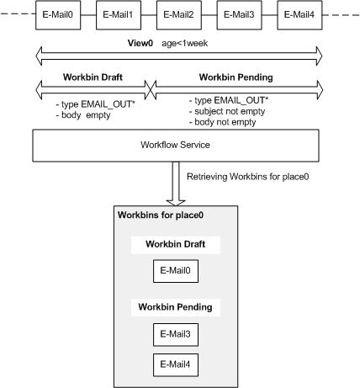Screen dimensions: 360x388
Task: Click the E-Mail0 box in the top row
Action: click(58, 15)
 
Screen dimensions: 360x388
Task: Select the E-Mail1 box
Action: click(119, 15)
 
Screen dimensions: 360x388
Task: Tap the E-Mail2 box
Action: click(179, 15)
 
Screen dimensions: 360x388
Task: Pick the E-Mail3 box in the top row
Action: click(240, 15)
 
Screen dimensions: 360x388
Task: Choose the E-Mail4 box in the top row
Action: click(299, 15)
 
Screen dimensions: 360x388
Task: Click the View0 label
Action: click(140, 43)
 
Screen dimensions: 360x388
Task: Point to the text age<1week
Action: click(185, 43)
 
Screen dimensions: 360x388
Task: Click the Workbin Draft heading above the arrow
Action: click(93, 77)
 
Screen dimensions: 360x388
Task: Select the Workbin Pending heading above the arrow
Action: click(236, 77)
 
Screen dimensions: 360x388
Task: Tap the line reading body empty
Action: click(83, 115)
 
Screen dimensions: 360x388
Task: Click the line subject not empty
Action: click(227, 111)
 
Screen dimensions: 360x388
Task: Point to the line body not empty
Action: click(223, 122)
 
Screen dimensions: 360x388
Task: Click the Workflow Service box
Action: click(176, 146)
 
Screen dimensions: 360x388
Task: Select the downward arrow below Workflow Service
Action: click(176, 183)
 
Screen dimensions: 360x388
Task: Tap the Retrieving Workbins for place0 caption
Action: click(248, 177)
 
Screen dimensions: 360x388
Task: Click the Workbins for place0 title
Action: click(161, 215)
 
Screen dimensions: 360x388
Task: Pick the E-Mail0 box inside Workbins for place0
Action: click(176, 271)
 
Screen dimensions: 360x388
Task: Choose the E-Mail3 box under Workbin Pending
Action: click(176, 335)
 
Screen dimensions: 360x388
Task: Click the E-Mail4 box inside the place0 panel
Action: click(176, 365)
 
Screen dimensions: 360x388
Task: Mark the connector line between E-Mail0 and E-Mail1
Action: click(88, 15)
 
